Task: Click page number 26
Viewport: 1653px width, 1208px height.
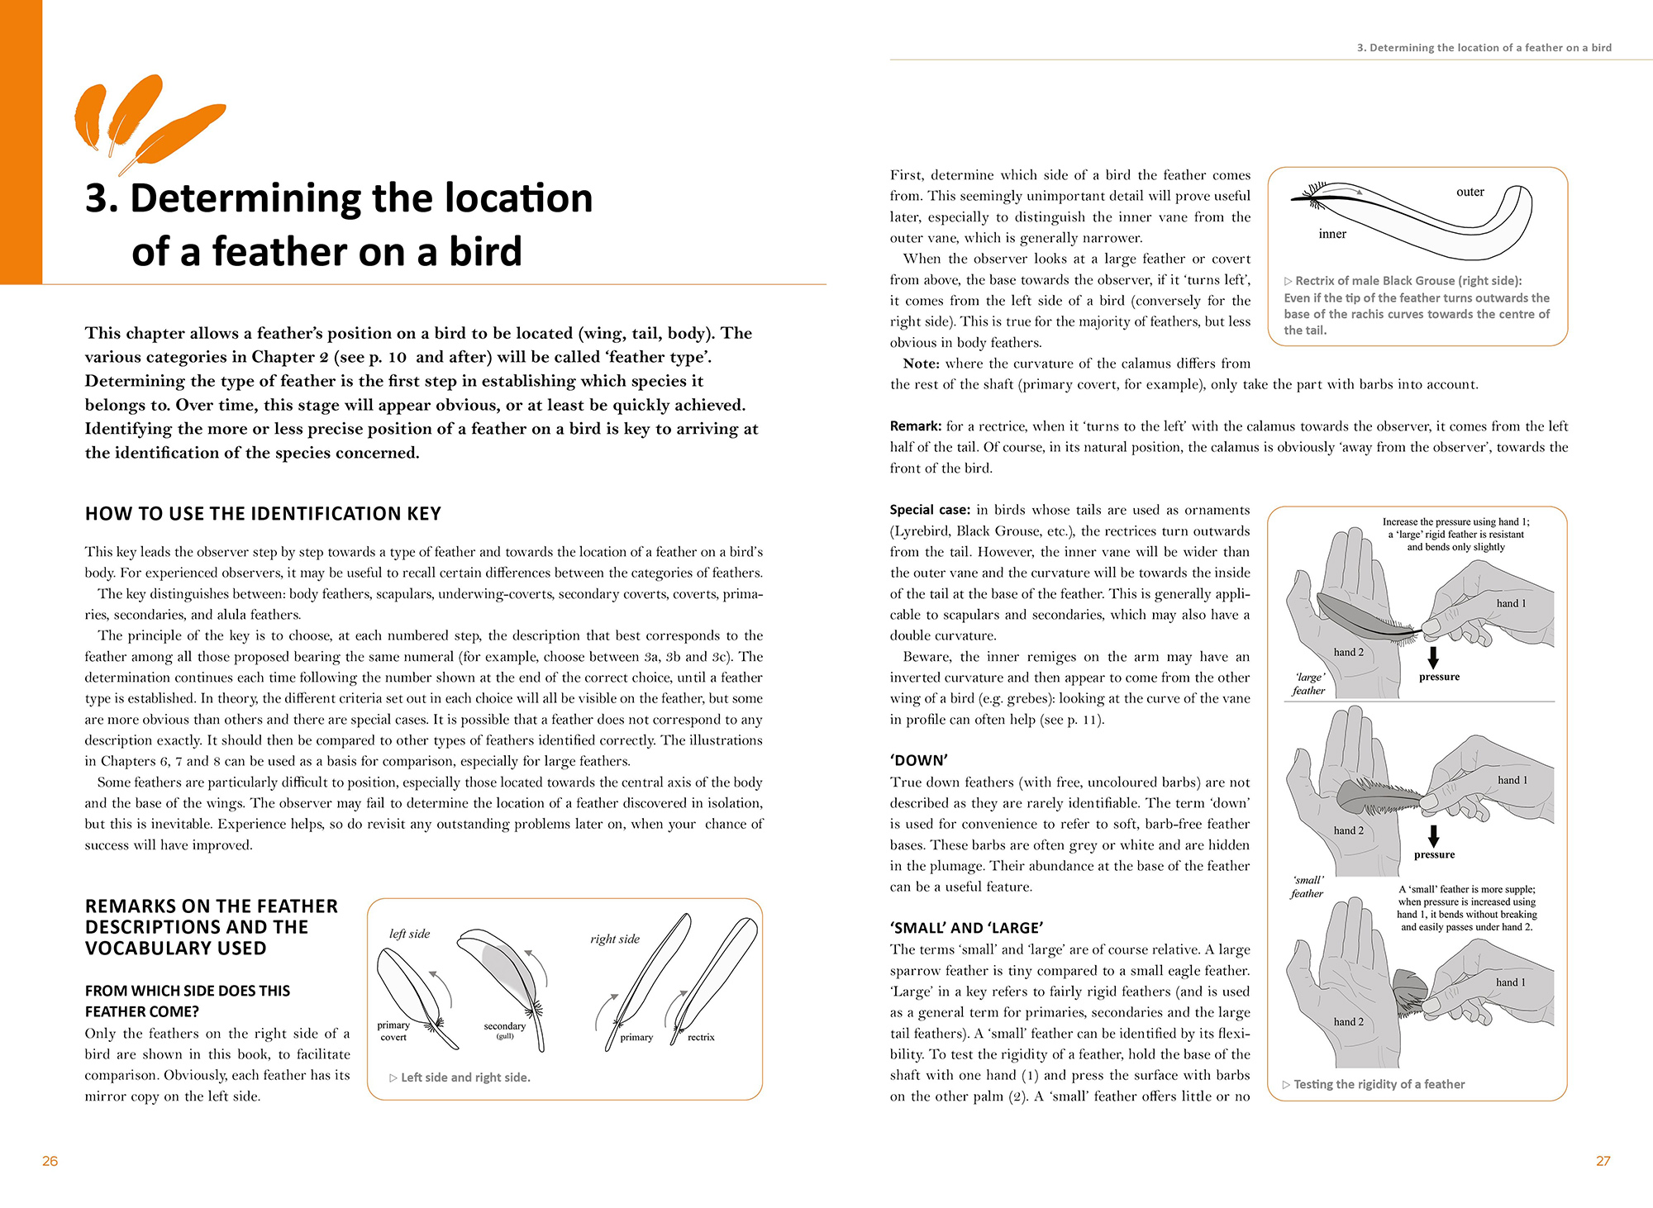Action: [50, 1161]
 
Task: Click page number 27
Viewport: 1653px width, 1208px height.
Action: [1603, 1161]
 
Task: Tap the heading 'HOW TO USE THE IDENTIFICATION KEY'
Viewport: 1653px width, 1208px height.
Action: [263, 514]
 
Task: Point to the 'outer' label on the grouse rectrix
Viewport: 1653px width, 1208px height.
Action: [1470, 192]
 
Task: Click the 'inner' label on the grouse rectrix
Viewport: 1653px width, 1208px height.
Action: [1332, 234]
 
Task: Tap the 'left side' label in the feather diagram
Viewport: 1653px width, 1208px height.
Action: [409, 934]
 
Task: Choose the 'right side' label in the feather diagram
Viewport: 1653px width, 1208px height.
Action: [615, 939]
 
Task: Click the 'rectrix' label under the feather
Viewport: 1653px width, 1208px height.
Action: [701, 1037]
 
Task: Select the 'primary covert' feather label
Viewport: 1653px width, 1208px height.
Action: [393, 1030]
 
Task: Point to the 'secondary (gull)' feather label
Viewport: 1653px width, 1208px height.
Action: [504, 1030]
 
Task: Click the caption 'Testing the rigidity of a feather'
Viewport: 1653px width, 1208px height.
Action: [1379, 1084]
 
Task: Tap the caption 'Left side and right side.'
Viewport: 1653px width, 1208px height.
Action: [465, 1077]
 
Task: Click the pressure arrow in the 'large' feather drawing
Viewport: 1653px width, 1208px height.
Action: [1433, 658]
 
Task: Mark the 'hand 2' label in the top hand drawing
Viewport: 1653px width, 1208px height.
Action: [1349, 652]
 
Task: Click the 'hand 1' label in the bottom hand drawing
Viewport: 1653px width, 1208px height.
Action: [1511, 982]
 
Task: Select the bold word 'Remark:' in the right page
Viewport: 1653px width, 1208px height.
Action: [916, 426]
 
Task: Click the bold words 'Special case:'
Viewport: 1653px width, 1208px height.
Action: [930, 510]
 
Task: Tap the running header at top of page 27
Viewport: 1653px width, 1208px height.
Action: [1484, 48]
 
